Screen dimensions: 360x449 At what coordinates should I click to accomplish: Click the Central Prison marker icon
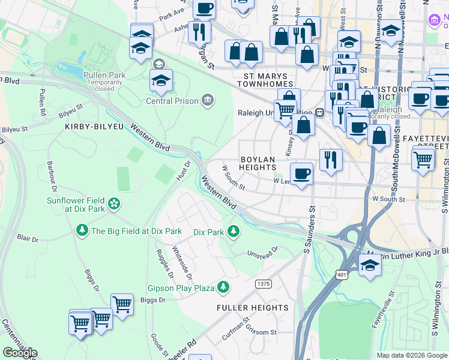tap(208, 99)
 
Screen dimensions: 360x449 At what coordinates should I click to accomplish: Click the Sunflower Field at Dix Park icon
tap(114, 205)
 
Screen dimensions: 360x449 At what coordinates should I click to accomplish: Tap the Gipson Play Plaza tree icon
tap(223, 288)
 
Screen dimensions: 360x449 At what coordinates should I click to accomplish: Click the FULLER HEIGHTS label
tap(253, 308)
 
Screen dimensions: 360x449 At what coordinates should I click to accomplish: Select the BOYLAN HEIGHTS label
tap(258, 163)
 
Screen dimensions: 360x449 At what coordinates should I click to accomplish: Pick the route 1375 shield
tap(262, 284)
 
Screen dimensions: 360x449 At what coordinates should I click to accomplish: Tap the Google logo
tap(20, 352)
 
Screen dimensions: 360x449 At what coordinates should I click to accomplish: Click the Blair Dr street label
tap(27, 238)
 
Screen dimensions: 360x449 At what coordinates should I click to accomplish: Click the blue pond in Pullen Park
tap(71, 70)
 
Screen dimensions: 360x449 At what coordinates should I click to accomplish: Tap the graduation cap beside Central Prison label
tap(161, 80)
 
